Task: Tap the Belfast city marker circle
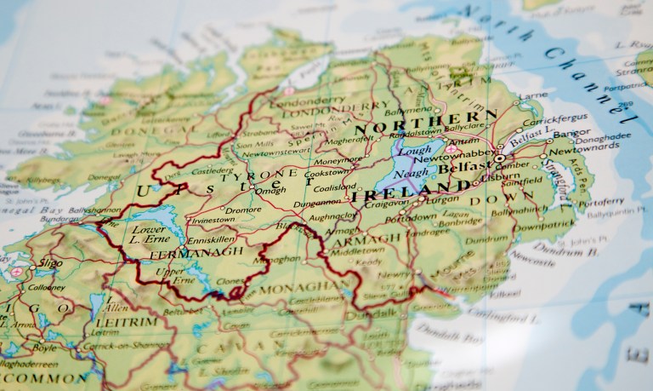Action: (x=500, y=158)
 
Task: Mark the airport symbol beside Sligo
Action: (x=16, y=272)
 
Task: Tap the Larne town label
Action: (x=532, y=96)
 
